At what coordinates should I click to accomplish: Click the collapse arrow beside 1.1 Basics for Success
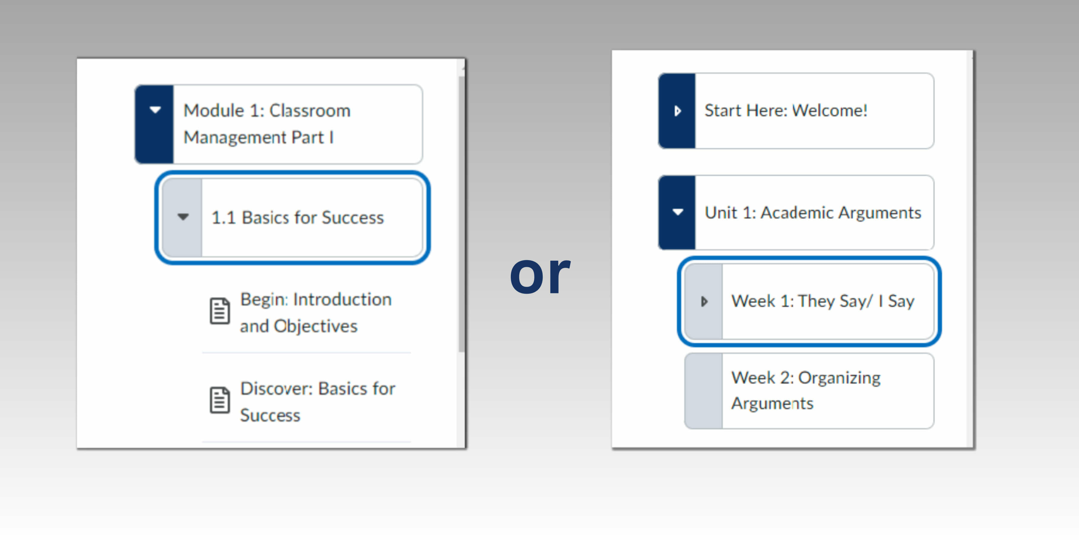(183, 217)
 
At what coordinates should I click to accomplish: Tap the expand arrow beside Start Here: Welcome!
(678, 111)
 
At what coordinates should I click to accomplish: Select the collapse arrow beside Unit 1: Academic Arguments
(678, 212)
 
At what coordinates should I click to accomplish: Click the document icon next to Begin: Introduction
(220, 311)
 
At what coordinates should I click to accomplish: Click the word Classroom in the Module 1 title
(310, 111)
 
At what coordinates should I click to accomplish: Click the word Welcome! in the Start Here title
(830, 111)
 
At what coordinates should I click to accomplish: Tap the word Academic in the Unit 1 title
(797, 213)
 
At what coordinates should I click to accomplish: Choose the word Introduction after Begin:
(343, 299)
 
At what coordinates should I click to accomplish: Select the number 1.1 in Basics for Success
(224, 217)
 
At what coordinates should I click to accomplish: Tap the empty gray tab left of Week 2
(704, 391)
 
